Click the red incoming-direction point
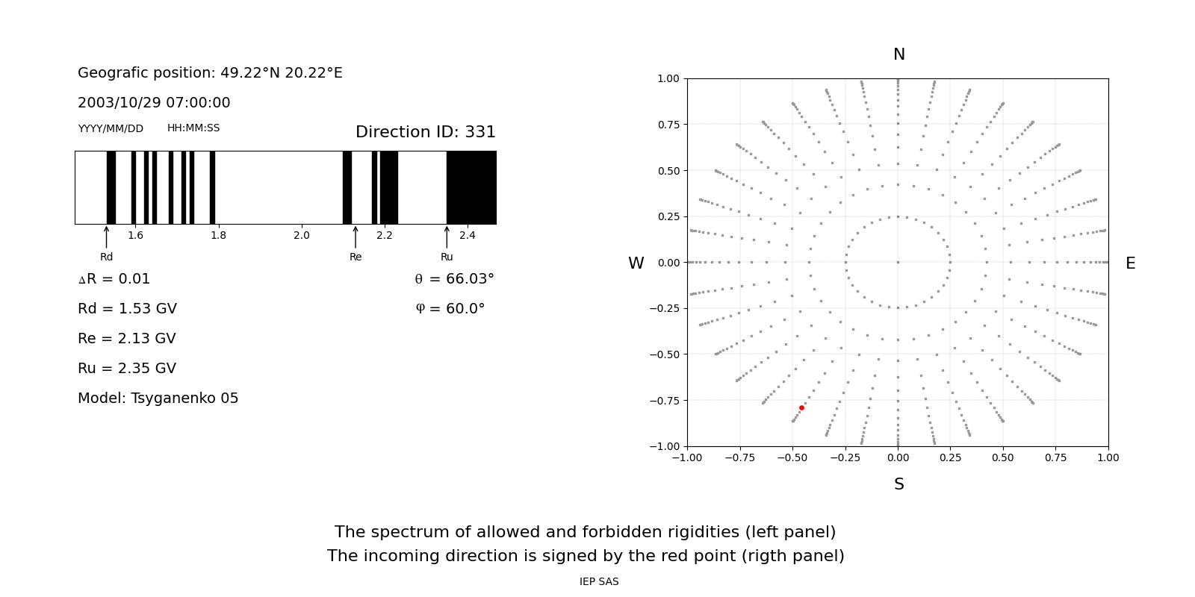point(801,407)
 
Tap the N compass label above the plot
point(898,54)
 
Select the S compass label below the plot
point(898,484)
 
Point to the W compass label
point(636,263)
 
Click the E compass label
point(1130,263)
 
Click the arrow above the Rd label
point(107,237)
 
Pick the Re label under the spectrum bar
point(356,257)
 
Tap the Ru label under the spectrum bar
point(447,257)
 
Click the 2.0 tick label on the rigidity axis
point(301,236)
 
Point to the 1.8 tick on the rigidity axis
point(218,236)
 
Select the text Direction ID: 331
point(425,132)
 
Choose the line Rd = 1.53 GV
point(127,309)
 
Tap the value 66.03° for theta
point(470,279)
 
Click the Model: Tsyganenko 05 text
point(158,398)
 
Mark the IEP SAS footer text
point(599,582)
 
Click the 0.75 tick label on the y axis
point(668,125)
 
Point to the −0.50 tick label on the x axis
point(791,457)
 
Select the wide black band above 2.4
point(471,187)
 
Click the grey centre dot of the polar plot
point(898,262)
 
